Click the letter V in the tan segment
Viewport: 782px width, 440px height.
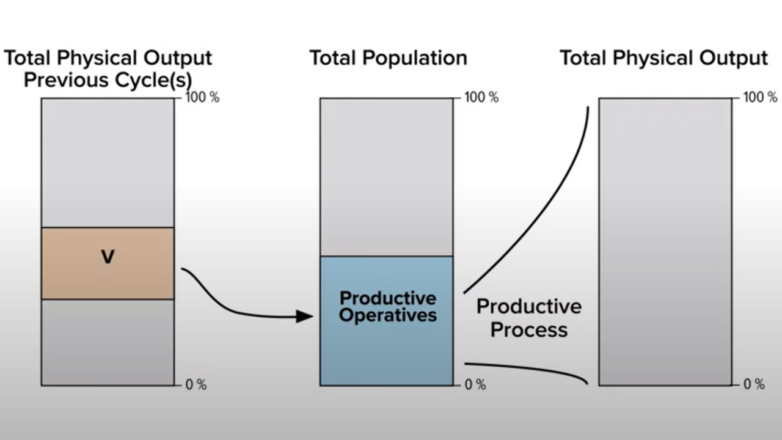108,257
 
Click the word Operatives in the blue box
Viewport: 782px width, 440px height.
388,316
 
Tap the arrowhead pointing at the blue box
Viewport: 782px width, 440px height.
304,317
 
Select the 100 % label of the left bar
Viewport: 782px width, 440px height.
202,97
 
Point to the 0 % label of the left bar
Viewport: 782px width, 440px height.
196,384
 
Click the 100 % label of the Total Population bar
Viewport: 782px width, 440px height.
481,97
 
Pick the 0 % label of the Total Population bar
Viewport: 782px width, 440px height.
475,384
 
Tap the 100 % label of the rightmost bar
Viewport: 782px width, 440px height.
761,97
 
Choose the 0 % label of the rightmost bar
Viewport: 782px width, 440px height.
754,384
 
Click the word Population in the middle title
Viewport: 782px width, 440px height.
415,59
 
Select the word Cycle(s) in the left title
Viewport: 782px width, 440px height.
153,81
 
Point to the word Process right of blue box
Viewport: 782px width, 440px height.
529,330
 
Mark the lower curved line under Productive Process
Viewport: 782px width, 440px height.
528,368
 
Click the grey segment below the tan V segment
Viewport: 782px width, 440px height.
108,343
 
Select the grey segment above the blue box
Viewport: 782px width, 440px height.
387,177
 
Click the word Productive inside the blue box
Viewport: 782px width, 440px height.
388,299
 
